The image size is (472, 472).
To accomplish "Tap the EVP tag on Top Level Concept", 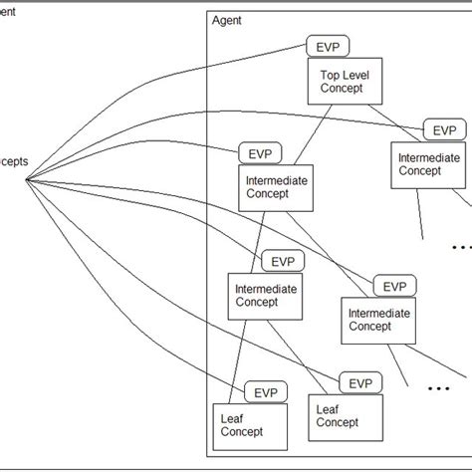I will tap(329, 47).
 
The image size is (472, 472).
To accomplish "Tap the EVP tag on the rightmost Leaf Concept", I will tap(360, 382).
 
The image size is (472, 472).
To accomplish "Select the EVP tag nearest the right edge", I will tap(444, 130).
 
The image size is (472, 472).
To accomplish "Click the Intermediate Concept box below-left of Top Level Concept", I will tap(276, 186).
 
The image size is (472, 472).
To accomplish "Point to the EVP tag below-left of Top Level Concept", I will tap(261, 152).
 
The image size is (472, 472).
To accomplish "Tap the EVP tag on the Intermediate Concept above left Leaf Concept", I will tap(283, 261).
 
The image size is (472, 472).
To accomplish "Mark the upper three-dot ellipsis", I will tap(462, 246).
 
